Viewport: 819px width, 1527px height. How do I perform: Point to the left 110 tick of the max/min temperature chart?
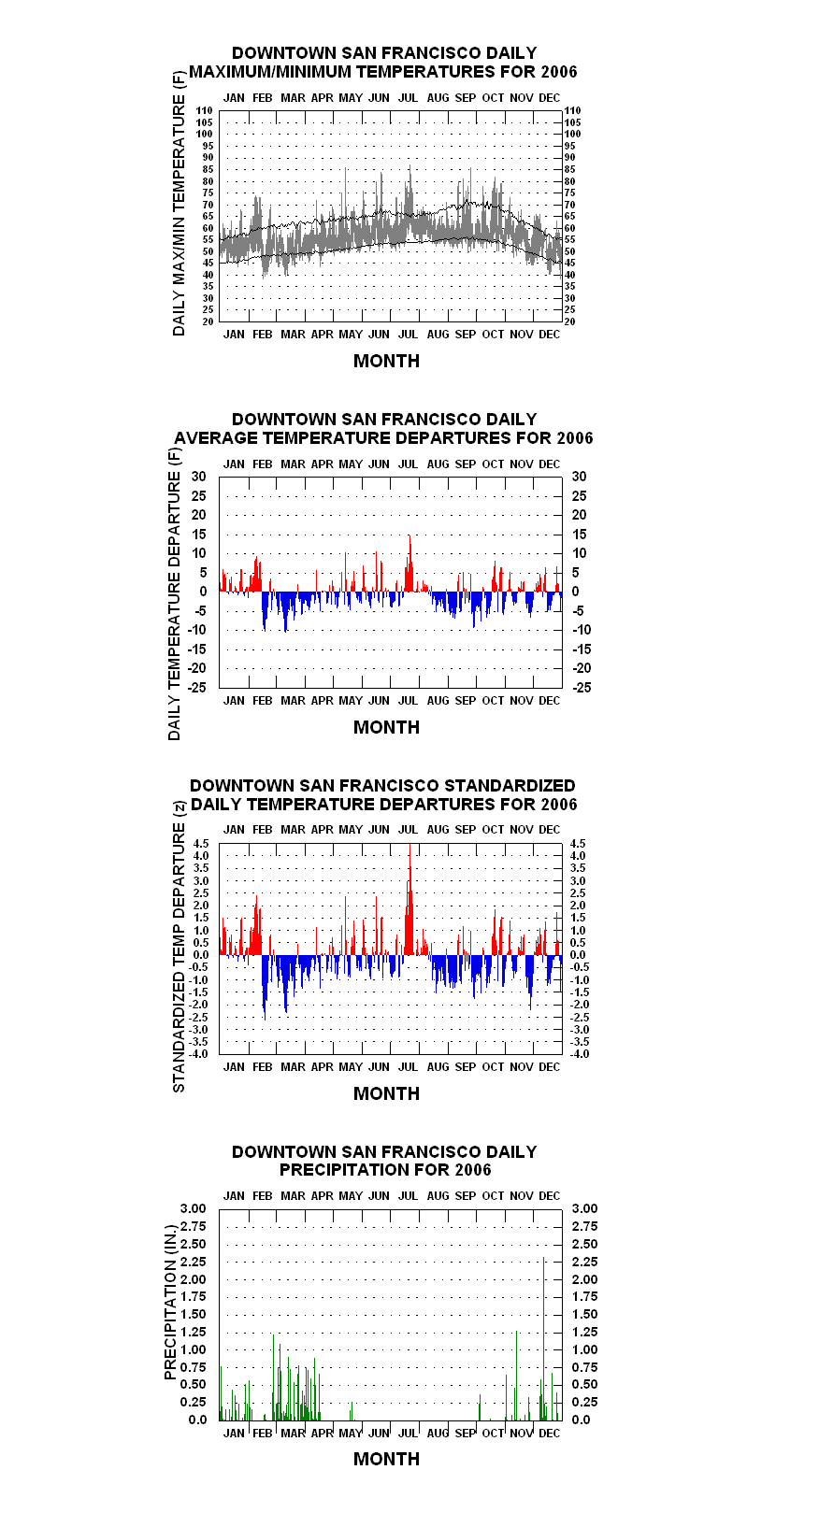tap(205, 110)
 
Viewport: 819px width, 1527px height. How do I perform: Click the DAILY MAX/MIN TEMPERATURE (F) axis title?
tap(179, 203)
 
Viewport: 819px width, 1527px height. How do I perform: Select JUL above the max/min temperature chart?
tap(408, 98)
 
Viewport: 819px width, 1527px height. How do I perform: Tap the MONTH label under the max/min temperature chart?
tap(386, 362)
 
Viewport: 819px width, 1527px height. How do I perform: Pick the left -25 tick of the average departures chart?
tap(197, 687)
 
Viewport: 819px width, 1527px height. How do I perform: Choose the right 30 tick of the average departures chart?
tap(579, 477)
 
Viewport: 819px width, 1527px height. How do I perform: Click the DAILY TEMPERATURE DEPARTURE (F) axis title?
tap(175, 593)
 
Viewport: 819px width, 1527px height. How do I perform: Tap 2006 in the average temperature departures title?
tap(574, 438)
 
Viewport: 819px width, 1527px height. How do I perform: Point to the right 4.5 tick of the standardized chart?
tap(578, 844)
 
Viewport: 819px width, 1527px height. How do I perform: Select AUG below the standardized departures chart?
tap(438, 1067)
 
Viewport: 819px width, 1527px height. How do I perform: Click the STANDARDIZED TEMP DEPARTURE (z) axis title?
tap(179, 948)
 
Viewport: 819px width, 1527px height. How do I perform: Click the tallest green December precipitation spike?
tap(543, 1339)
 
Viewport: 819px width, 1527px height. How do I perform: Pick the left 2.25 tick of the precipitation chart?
tap(193, 1262)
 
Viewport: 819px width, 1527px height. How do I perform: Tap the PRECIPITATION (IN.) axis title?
tap(170, 1303)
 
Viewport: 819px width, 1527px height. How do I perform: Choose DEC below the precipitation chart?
tap(549, 1434)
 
